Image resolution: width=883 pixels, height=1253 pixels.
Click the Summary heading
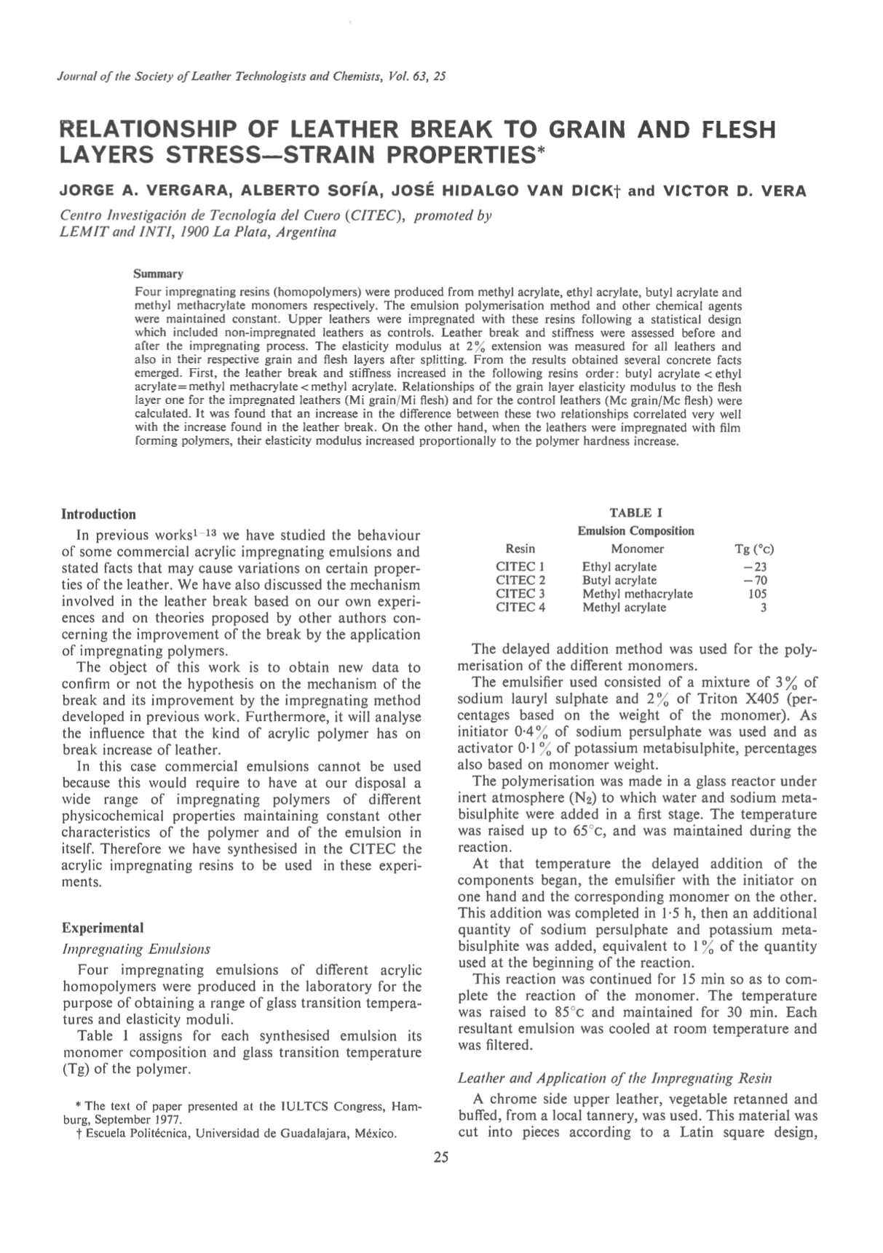coord(157,274)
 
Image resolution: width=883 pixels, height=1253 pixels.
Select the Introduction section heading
coord(98,514)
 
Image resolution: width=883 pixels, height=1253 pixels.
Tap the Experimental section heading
coord(103,928)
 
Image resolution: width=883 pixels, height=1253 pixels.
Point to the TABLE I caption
coord(635,512)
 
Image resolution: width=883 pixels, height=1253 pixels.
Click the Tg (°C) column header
coord(754,549)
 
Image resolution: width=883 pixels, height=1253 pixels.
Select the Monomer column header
coord(637,549)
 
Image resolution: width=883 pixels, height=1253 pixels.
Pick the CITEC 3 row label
coord(520,594)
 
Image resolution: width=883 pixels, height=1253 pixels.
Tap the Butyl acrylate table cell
coord(619,580)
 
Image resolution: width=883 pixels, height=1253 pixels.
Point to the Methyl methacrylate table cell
coord(637,594)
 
